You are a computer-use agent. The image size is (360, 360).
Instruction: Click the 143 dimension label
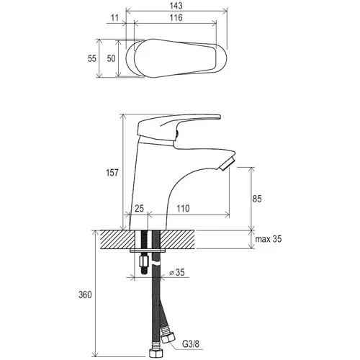(176, 6)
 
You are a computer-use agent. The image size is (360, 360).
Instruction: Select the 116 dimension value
(176, 17)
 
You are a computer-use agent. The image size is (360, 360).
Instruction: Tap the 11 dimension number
(115, 17)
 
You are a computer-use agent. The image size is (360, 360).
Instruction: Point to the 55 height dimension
(92, 58)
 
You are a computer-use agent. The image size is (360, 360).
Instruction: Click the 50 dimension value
(111, 58)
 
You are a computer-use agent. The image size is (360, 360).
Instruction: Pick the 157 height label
(112, 173)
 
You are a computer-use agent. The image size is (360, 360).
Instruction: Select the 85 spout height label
(257, 199)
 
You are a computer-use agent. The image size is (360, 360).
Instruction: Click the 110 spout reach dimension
(183, 208)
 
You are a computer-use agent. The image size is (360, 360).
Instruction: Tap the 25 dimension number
(139, 208)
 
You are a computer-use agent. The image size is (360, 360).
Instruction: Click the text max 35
(269, 239)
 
